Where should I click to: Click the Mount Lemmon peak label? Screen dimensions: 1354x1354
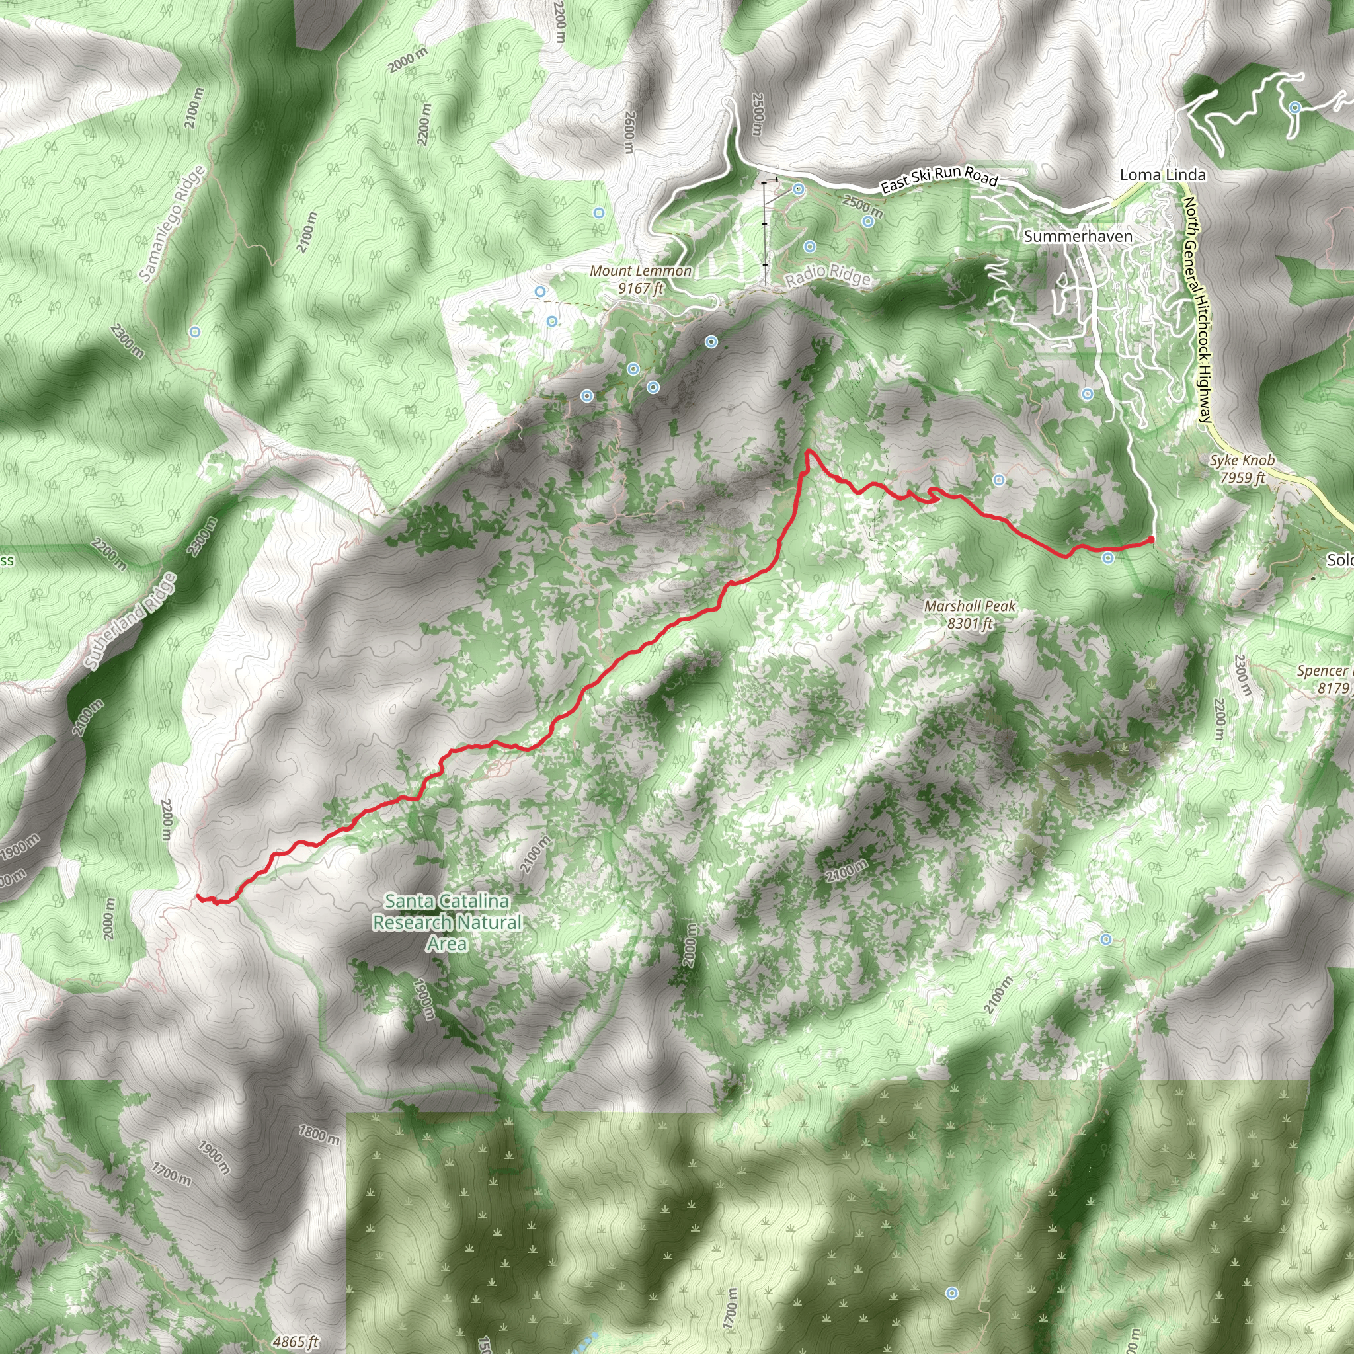pos(641,279)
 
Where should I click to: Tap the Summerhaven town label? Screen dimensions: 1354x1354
pos(1078,236)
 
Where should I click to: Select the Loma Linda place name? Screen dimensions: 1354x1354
pos(1163,175)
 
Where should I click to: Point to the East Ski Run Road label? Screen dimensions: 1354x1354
pos(939,179)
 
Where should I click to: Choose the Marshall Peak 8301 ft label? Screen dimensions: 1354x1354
pos(969,615)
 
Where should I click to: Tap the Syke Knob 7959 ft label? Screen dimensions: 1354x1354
pos(1242,469)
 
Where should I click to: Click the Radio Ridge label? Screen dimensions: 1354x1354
pos(827,277)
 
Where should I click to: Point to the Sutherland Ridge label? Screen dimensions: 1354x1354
pos(130,621)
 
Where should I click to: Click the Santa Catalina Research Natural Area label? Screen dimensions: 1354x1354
pos(447,922)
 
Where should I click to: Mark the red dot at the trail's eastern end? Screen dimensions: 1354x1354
pos(1152,539)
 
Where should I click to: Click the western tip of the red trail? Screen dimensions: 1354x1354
pos(198,896)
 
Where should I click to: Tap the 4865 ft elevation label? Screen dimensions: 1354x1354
pos(296,1341)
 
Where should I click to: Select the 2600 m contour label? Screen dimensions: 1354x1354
pos(629,132)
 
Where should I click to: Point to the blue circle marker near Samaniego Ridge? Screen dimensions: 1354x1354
pos(195,331)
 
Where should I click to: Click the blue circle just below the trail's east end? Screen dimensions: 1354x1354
pos(1108,558)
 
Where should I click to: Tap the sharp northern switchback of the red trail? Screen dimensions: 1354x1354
pos(809,452)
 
